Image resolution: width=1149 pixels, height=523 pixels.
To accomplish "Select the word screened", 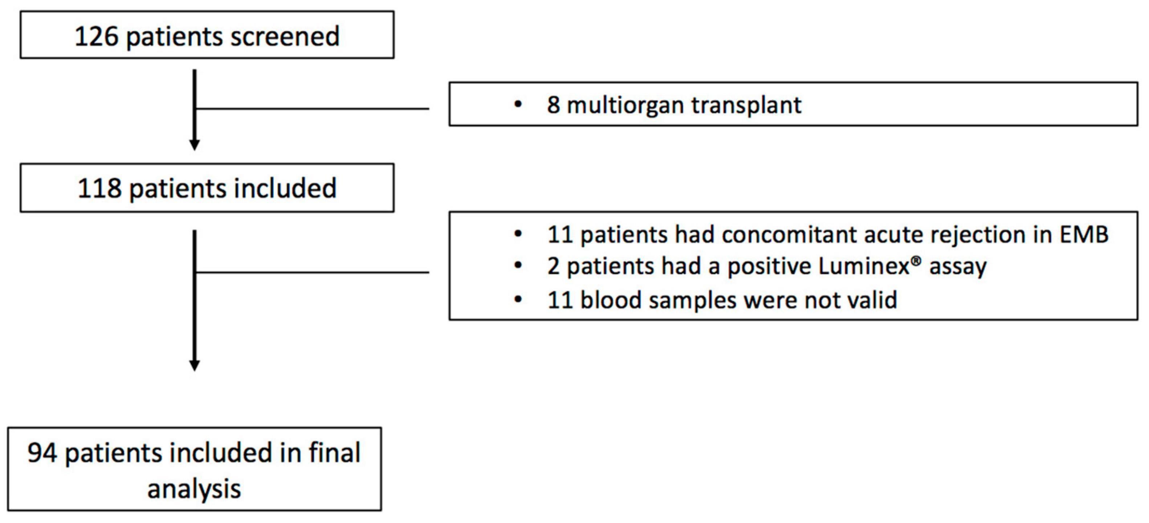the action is coord(285,37).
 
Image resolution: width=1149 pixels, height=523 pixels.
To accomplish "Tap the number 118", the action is coord(99,189).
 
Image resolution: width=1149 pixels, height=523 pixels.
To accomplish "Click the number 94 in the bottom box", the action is coord(42,453).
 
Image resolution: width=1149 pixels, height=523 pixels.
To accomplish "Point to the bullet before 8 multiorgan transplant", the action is coord(518,105).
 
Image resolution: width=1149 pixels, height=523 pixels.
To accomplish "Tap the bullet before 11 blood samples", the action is coord(518,299).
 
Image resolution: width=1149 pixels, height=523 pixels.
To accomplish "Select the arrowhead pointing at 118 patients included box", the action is coord(195,145).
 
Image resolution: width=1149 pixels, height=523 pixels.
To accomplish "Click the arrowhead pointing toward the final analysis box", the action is coord(195,365).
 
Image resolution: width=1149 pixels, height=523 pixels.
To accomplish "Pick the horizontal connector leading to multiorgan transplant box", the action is coord(312,108).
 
